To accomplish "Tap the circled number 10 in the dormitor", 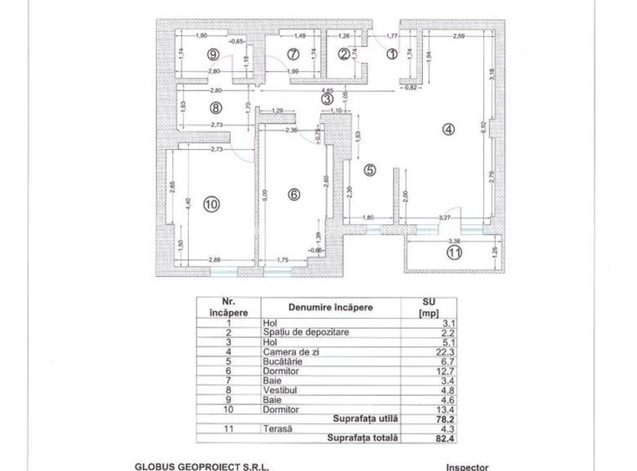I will [x=210, y=203].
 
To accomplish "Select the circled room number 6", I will [x=293, y=194].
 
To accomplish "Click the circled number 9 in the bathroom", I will [x=215, y=54].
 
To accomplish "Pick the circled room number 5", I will [x=370, y=169].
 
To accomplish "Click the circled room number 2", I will [x=344, y=54].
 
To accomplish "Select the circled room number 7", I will [x=293, y=54].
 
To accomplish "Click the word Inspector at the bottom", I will [x=466, y=467].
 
